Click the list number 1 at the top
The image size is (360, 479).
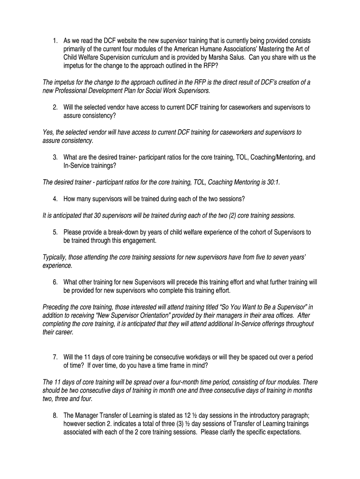[54, 41]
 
